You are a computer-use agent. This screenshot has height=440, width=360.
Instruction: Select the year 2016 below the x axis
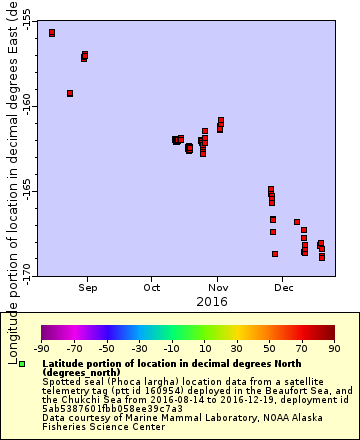(211, 301)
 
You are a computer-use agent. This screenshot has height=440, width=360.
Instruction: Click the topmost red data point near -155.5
(52, 33)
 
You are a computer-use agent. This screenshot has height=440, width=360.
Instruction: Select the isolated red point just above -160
(70, 93)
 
